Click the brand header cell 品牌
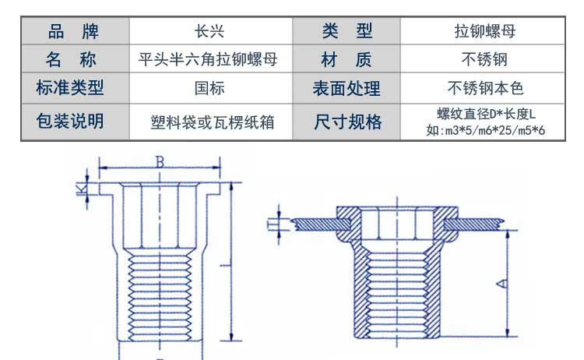[x=74, y=32]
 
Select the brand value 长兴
[x=209, y=32]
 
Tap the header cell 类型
[x=347, y=32]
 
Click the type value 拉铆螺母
[x=485, y=32]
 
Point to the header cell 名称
[x=74, y=59]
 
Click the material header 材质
[x=347, y=59]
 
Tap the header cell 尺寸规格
[x=347, y=122]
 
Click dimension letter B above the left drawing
[x=160, y=161]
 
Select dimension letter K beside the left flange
[x=79, y=187]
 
